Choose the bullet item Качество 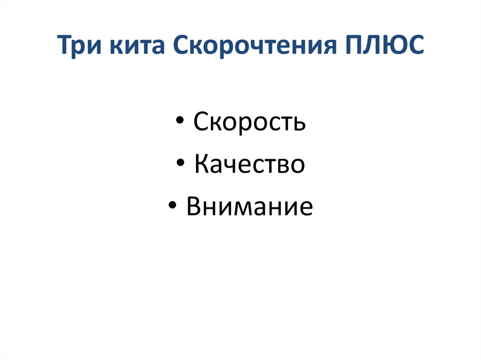[x=249, y=165]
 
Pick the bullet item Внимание [x=249, y=207]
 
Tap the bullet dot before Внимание [x=174, y=207]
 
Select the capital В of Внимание [x=194, y=207]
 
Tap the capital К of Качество [x=201, y=165]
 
